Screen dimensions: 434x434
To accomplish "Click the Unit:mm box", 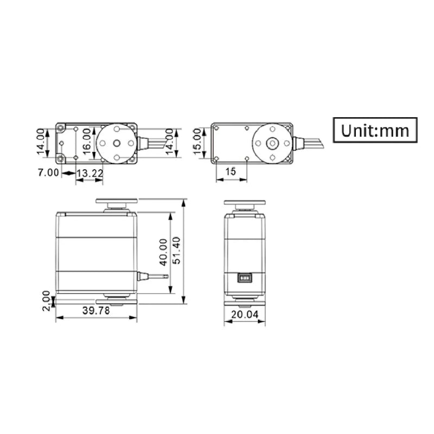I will pos(375,130).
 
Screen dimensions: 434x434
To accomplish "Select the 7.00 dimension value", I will pos(48,173).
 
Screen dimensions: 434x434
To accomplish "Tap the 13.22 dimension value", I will pos(89,173).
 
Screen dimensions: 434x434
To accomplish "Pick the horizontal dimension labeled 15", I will pos(231,172).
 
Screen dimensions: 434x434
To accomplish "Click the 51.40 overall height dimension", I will pos(176,252).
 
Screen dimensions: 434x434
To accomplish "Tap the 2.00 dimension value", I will pos(47,300).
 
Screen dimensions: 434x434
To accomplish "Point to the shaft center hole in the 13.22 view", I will pos(117,143).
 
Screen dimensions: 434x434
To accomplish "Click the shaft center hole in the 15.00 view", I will pos(273,143).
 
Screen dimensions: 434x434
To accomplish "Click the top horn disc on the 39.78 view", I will pos(117,201).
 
